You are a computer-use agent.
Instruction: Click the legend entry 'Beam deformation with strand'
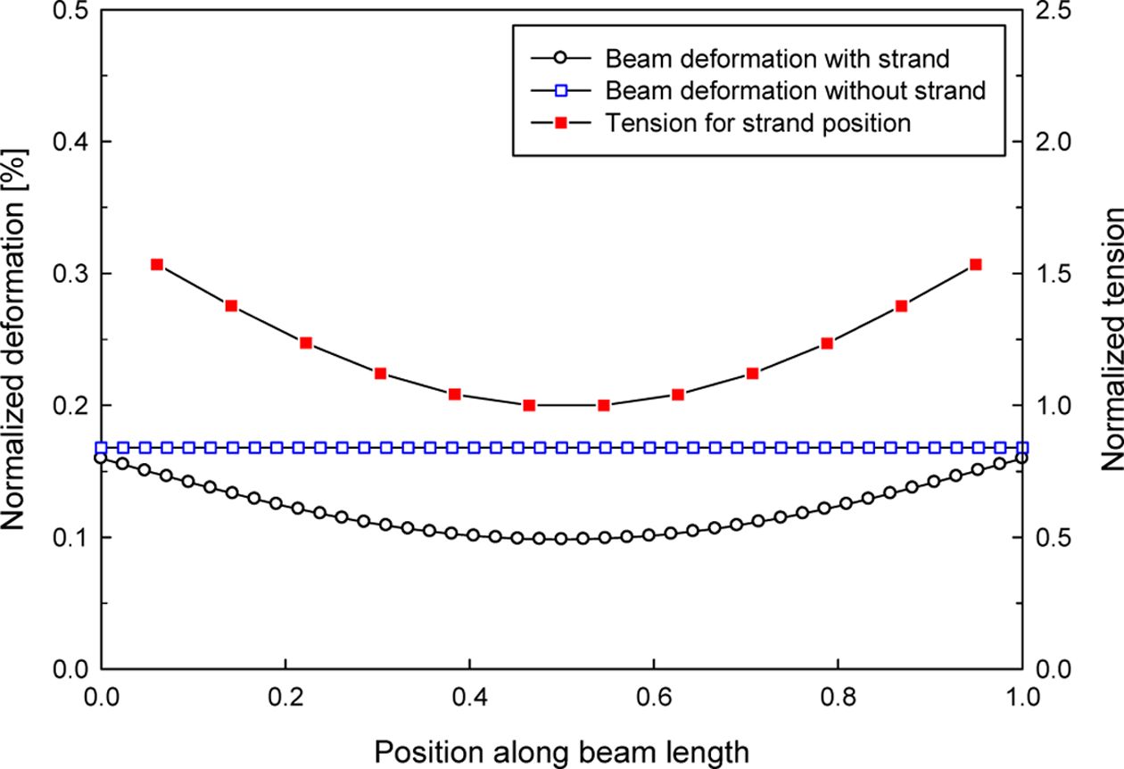tap(776, 59)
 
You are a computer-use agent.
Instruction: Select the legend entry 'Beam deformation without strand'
tap(795, 90)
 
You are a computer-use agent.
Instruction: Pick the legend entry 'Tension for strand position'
tap(757, 122)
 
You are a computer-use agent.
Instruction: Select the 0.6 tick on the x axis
tap(654, 696)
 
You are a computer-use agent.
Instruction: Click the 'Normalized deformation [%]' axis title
tap(20, 339)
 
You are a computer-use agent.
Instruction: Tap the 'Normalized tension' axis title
tap(1111, 340)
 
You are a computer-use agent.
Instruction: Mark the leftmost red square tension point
tap(157, 264)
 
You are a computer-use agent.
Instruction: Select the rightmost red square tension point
tap(975, 264)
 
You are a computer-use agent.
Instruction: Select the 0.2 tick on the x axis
tap(285, 696)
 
